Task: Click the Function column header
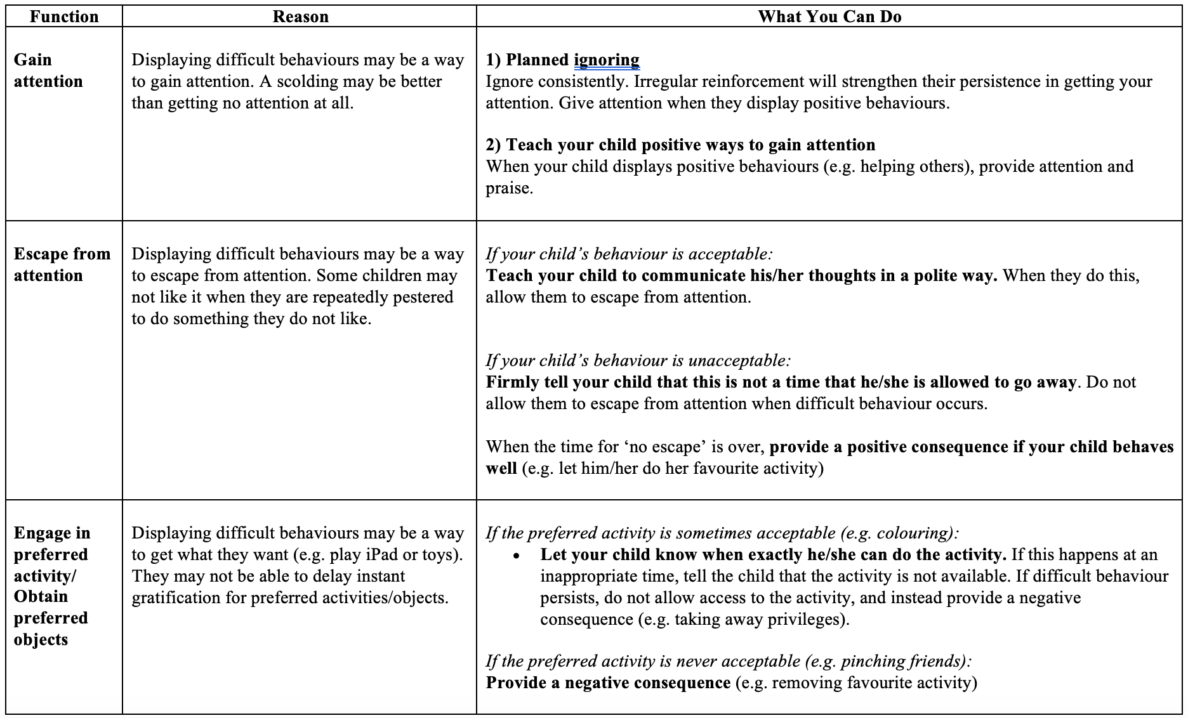pyautogui.click(x=64, y=16)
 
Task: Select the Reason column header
pyautogui.click(x=300, y=16)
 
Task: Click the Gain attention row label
pyautogui.click(x=48, y=70)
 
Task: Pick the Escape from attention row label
pyautogui.click(x=62, y=264)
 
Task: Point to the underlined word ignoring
pyautogui.click(x=606, y=60)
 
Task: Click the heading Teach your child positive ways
pyautogui.click(x=680, y=145)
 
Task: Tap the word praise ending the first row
pyautogui.click(x=509, y=188)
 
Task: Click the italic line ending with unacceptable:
pyautogui.click(x=638, y=360)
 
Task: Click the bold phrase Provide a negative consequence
pyautogui.click(x=608, y=682)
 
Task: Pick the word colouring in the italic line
pyautogui.click(x=913, y=533)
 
